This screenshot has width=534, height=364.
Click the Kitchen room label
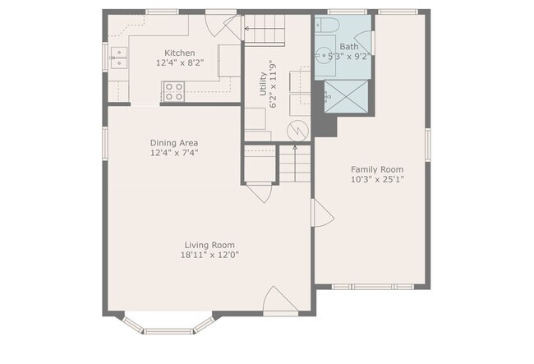pos(180,53)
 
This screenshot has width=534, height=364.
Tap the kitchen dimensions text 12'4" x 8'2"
pos(180,62)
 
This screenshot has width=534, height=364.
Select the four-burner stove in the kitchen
pos(173,91)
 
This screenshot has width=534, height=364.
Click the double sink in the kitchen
pos(120,57)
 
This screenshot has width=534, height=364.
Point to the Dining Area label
pos(173,142)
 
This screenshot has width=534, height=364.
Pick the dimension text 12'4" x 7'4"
pos(173,152)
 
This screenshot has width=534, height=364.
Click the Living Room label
pos(209,245)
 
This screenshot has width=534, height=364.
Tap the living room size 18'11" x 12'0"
pos(209,255)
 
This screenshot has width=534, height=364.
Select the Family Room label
pos(377,169)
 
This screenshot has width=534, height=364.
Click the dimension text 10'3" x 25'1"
pos(377,179)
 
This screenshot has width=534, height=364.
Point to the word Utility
pos(263,85)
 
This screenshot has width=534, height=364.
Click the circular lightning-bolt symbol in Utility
pos(296,130)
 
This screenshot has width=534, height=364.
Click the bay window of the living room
pos(168,325)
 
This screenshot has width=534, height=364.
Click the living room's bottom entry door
pos(279,302)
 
